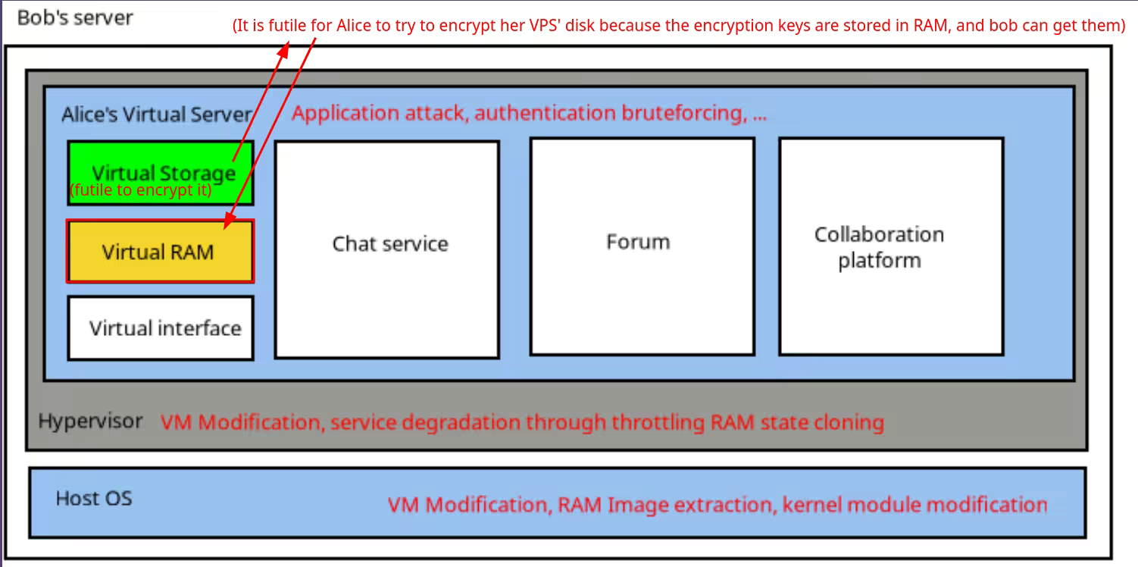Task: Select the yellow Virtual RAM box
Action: pyautogui.click(x=159, y=252)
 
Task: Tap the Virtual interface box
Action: pyautogui.click(x=161, y=327)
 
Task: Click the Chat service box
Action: pyautogui.click(x=386, y=248)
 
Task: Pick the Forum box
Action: pyautogui.click(x=642, y=246)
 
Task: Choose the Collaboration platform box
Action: pyautogui.click(x=890, y=246)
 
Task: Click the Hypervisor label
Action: pyautogui.click(x=90, y=421)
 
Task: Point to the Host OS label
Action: pyautogui.click(x=94, y=498)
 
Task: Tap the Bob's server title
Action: pyautogui.click(x=74, y=17)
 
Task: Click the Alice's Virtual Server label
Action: pyautogui.click(x=156, y=114)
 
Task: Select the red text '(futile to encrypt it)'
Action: pyautogui.click(x=141, y=190)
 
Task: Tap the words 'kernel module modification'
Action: pyautogui.click(x=914, y=504)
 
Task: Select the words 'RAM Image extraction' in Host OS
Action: pyautogui.click(x=666, y=504)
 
